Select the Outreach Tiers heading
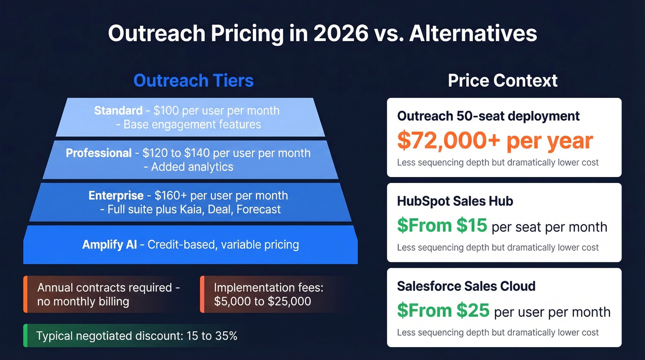click(x=193, y=81)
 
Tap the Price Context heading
click(x=503, y=81)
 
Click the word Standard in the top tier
click(x=118, y=111)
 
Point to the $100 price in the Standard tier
click(x=166, y=111)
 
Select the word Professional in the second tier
click(x=99, y=153)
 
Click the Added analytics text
click(x=192, y=167)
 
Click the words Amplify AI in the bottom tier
click(x=110, y=244)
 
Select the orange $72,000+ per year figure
click(x=495, y=141)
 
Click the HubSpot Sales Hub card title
click(x=455, y=201)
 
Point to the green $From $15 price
click(x=442, y=225)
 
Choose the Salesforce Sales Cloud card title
click(x=466, y=286)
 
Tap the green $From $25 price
click(x=443, y=311)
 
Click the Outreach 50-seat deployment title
click(x=488, y=116)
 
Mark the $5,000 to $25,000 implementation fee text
click(x=263, y=302)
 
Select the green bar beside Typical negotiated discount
click(x=25, y=336)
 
